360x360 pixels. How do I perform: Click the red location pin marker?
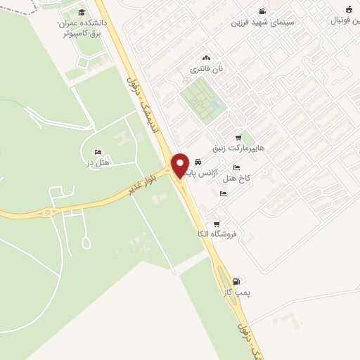coord(180,165)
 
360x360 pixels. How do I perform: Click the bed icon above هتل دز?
coord(98,152)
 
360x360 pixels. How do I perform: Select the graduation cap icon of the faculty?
coord(82,13)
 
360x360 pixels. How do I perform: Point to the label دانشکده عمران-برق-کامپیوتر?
coord(79,27)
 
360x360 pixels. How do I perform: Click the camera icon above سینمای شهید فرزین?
coord(263,11)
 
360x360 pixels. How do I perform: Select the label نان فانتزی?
coord(207,70)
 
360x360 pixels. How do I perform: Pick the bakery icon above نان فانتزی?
coord(206,58)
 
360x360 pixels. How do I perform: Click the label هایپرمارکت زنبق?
coord(241,149)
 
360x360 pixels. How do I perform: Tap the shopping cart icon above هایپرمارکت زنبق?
coord(239,138)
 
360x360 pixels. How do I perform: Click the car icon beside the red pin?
coord(198,162)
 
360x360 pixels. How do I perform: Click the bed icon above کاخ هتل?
coord(236,167)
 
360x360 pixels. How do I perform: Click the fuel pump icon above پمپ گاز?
coord(244,280)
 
